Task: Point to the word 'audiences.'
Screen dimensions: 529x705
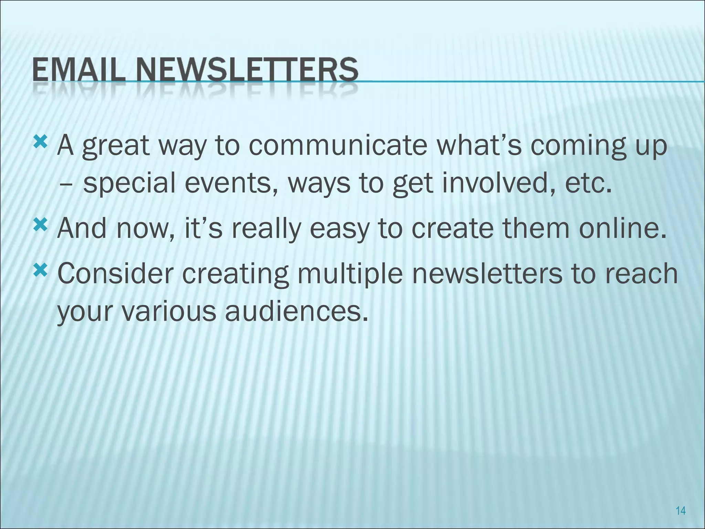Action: [x=296, y=311]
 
